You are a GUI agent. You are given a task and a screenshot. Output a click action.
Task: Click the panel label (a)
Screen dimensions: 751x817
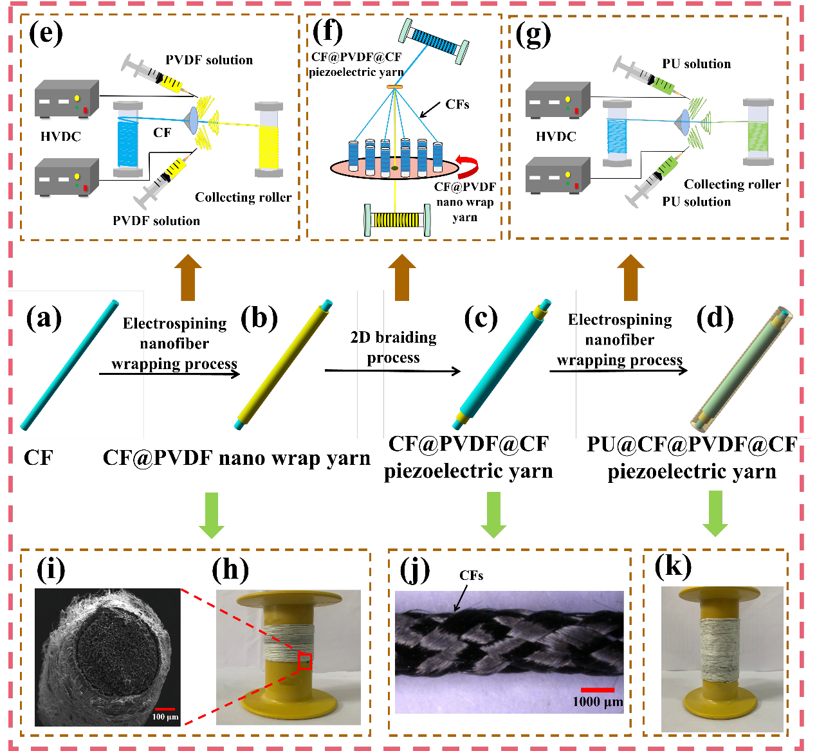(x=44, y=318)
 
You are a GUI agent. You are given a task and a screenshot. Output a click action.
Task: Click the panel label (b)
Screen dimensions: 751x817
(x=259, y=318)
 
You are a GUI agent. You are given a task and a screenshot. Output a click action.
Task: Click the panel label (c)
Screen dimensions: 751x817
(x=481, y=318)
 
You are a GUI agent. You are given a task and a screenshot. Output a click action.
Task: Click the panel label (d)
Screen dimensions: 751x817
(x=715, y=318)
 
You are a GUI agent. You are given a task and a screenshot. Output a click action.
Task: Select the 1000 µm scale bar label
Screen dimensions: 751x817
(x=598, y=701)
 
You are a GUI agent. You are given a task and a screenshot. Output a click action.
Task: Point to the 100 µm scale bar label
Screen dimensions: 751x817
(x=165, y=716)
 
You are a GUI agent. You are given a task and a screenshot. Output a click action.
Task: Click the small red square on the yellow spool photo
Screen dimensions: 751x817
(x=305, y=661)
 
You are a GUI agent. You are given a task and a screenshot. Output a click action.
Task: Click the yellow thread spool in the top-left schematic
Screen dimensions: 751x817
(x=269, y=139)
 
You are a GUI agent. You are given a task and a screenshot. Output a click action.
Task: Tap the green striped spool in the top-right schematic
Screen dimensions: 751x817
(x=758, y=132)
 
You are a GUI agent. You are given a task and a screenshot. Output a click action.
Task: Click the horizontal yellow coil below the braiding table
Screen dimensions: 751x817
(x=397, y=220)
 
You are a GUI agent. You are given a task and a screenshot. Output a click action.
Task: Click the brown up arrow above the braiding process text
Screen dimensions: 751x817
(x=402, y=276)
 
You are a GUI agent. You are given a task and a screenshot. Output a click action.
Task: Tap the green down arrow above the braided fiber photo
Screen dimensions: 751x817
(x=493, y=514)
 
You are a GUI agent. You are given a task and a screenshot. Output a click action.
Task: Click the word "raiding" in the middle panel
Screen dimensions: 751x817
(x=410, y=338)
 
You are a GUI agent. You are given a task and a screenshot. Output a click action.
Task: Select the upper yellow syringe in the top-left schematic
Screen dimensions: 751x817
(x=154, y=73)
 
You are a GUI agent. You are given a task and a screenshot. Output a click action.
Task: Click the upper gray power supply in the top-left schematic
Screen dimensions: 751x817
(x=67, y=100)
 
